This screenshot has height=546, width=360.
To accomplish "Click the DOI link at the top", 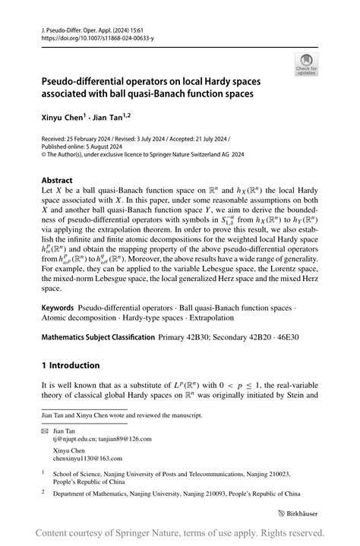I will click(88, 36).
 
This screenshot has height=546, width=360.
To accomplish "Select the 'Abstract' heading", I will click(57, 181).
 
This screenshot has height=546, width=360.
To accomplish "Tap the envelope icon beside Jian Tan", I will click(45, 431).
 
